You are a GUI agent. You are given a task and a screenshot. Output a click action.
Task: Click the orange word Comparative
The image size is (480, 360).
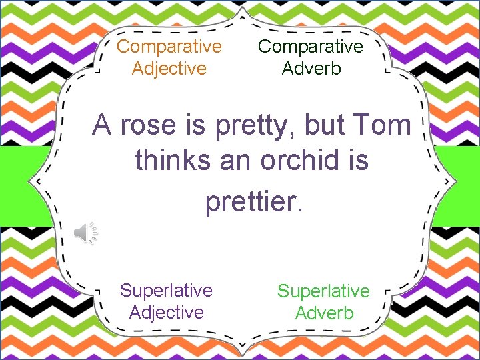pyautogui.click(x=169, y=47)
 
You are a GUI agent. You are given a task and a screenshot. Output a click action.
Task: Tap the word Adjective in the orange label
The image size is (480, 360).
pyautogui.click(x=169, y=68)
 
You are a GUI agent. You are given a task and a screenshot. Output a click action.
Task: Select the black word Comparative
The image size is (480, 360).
pyautogui.click(x=311, y=47)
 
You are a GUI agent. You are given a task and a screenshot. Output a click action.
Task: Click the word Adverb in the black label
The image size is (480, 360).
pyautogui.click(x=311, y=68)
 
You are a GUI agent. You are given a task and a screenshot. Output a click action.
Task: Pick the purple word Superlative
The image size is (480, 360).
pyautogui.click(x=166, y=290)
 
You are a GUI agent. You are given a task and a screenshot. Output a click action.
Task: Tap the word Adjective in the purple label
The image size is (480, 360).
pyautogui.click(x=166, y=312)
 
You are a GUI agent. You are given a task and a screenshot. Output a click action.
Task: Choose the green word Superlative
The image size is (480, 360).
pyautogui.click(x=323, y=291)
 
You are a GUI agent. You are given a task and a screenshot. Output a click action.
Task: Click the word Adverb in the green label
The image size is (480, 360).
pyautogui.click(x=324, y=313)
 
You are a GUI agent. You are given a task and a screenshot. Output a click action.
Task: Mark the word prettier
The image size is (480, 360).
pyautogui.click(x=254, y=201)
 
